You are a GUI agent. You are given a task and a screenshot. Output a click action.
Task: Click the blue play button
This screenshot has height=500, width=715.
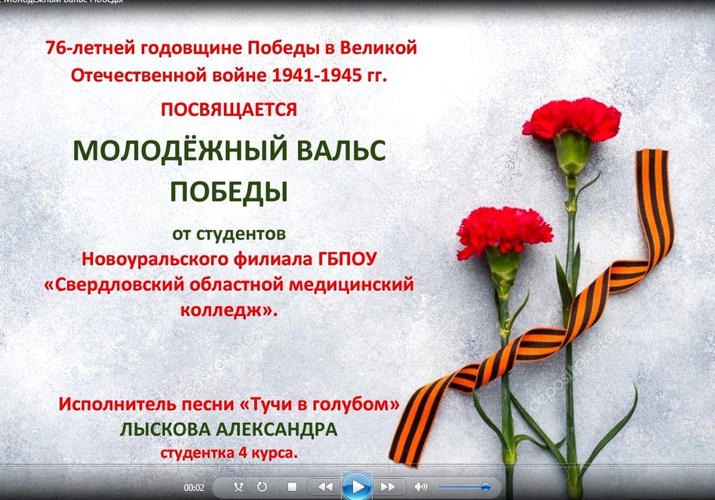coord(357,486)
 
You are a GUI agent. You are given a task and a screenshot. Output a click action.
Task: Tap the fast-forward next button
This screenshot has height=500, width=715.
coord(388,486)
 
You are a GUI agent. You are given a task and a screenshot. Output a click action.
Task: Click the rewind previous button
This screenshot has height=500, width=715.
coord(324,486)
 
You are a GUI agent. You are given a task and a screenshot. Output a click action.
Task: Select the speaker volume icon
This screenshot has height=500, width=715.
coord(420,486)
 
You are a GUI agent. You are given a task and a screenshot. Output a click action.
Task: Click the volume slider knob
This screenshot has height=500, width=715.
coord(486,487)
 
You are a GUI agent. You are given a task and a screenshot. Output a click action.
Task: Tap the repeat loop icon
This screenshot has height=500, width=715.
coord(262,486)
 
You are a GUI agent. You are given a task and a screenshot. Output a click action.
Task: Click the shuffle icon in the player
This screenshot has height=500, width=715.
coord(238,486)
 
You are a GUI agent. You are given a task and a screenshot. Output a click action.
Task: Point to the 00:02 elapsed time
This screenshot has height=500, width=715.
coord(194,488)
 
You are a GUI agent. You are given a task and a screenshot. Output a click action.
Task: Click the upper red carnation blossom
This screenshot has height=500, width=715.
coord(572,120)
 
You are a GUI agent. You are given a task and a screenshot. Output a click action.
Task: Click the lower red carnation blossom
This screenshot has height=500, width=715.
coord(505,231)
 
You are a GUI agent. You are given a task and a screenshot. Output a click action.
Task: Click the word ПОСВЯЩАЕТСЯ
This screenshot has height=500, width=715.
coord(229,110)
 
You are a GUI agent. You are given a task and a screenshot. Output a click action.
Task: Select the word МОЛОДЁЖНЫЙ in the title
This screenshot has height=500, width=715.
coord(180,150)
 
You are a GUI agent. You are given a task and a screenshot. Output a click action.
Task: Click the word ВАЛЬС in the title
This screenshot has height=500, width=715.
coord(341,150)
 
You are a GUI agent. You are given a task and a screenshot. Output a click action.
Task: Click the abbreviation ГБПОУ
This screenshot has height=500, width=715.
coord(347,259)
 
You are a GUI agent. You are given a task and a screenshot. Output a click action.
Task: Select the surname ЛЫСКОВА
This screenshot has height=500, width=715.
coord(164,429)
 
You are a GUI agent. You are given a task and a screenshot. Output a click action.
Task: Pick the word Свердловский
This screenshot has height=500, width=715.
coord(114,285)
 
